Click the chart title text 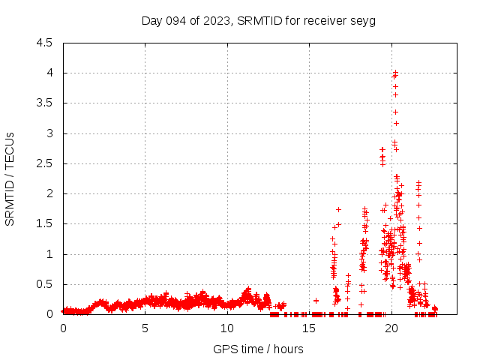pyautogui.click(x=258, y=20)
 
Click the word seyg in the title pyautogui.click(x=363, y=20)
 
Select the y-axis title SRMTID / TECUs pyautogui.click(x=10, y=178)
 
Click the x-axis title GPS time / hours pyautogui.click(x=258, y=349)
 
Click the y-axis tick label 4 pyautogui.click(x=49, y=73)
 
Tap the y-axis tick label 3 pyautogui.click(x=49, y=133)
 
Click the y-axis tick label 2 pyautogui.click(x=49, y=193)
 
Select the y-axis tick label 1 pyautogui.click(x=49, y=254)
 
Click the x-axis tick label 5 pyautogui.click(x=145, y=328)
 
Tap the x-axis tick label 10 pyautogui.click(x=226, y=328)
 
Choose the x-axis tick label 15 pyautogui.click(x=309, y=328)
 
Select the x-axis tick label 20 pyautogui.click(x=391, y=328)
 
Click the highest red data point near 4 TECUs pyautogui.click(x=395, y=73)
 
